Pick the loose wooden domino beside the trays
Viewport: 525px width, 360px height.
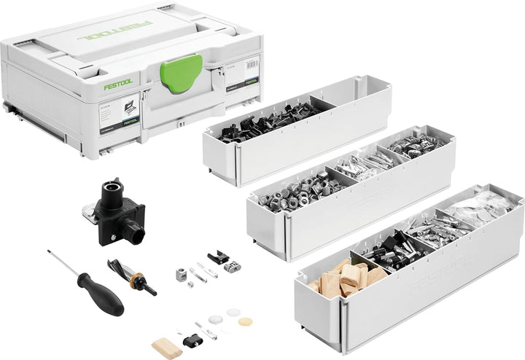tap(166, 345)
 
